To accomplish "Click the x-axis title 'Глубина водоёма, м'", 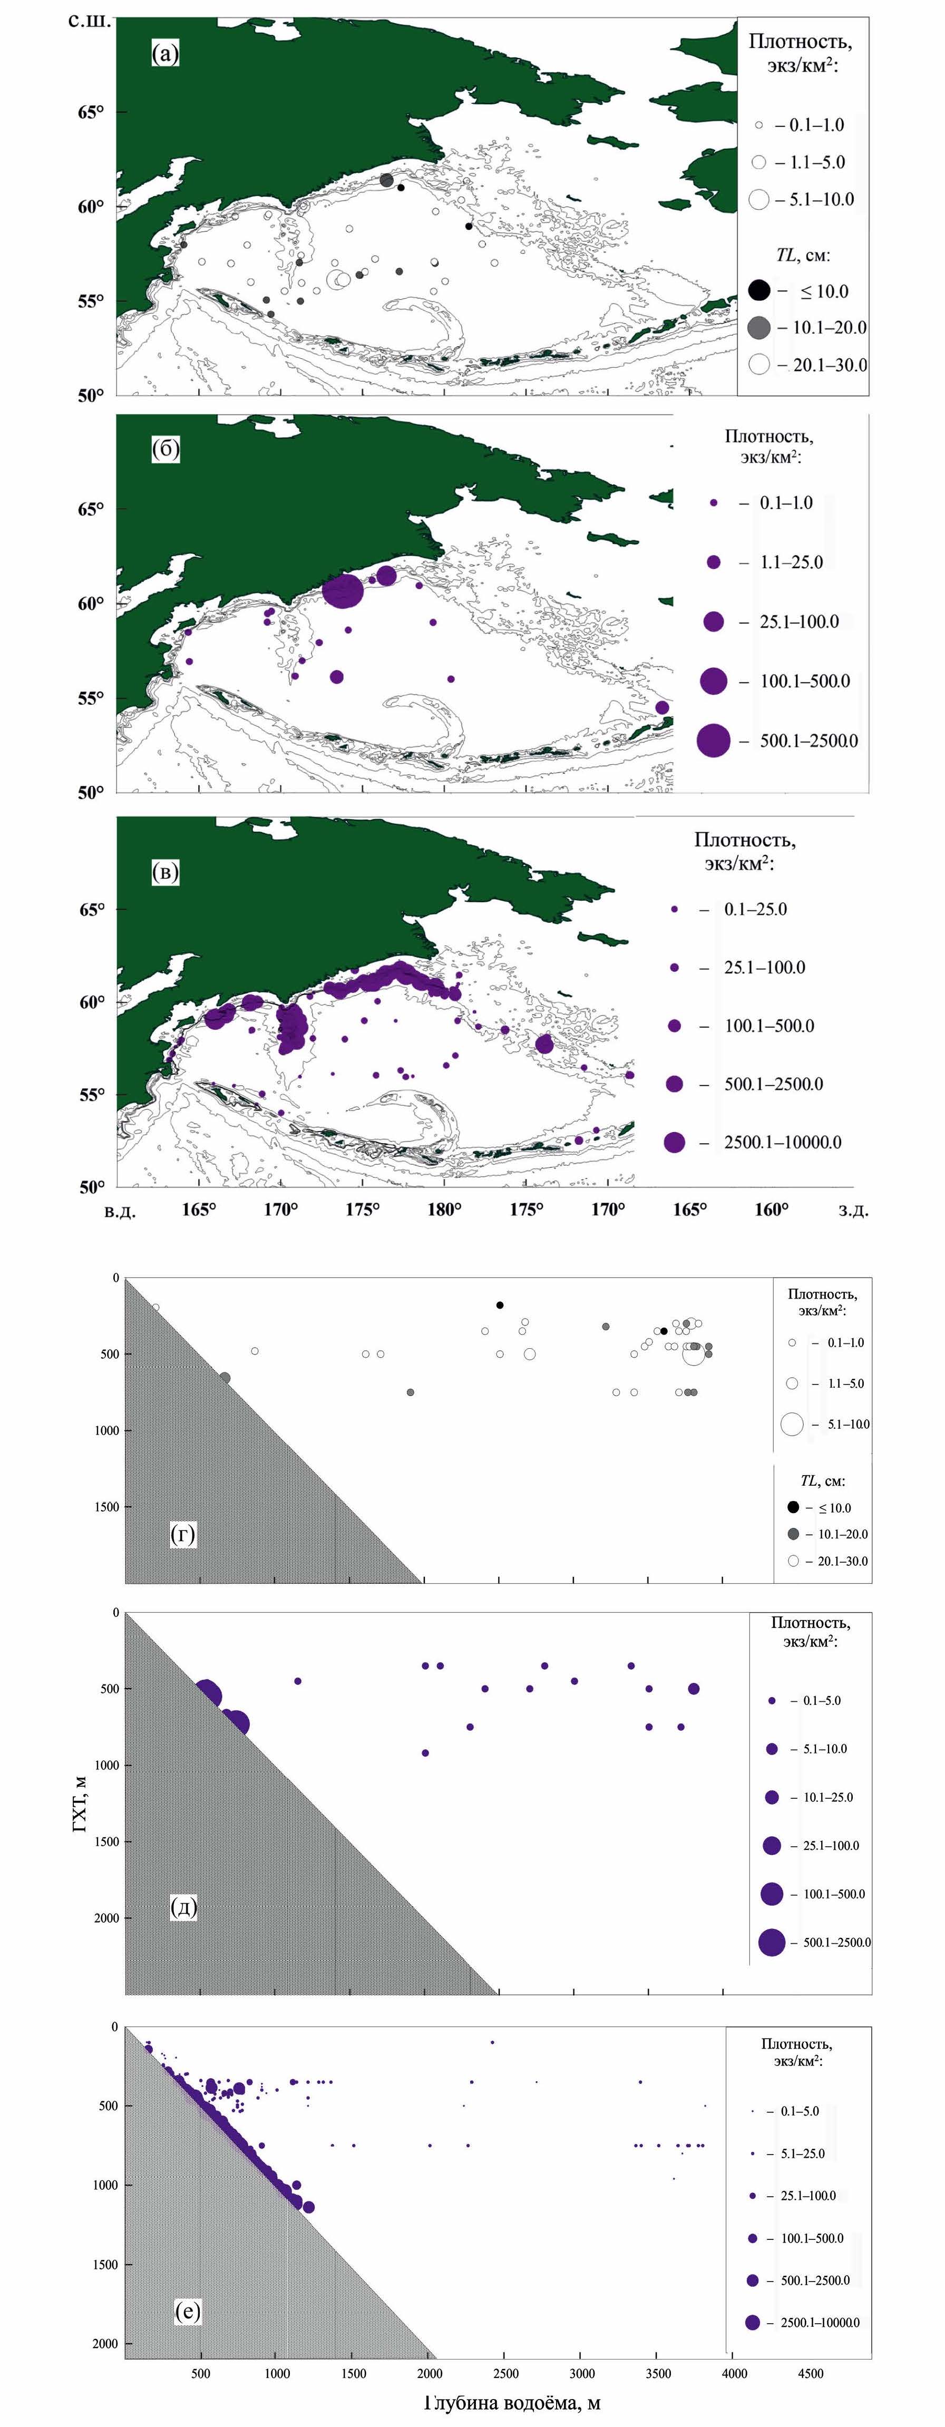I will (512, 2403).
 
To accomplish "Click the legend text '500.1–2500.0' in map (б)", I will (808, 740).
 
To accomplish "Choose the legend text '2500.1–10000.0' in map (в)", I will (782, 1142).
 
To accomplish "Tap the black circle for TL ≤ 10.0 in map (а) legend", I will (759, 290).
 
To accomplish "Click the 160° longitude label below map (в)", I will (772, 1209).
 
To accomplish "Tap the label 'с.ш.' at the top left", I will (90, 21).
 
